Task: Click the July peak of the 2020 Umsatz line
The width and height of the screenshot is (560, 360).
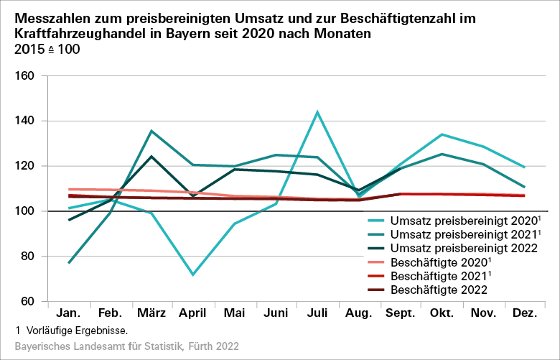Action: [x=317, y=112]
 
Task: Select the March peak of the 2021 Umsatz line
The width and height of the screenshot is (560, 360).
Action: [x=151, y=131]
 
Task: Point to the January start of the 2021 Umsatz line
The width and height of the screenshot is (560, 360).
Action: [x=69, y=263]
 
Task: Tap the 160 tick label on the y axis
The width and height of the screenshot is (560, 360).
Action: [x=25, y=75]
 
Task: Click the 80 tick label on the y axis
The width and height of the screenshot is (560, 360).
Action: [x=28, y=257]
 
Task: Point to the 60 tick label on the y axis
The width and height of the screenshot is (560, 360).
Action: [x=28, y=302]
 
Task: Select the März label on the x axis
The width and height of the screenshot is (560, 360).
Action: [x=151, y=315]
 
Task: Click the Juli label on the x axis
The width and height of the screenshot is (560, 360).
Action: [x=317, y=315]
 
